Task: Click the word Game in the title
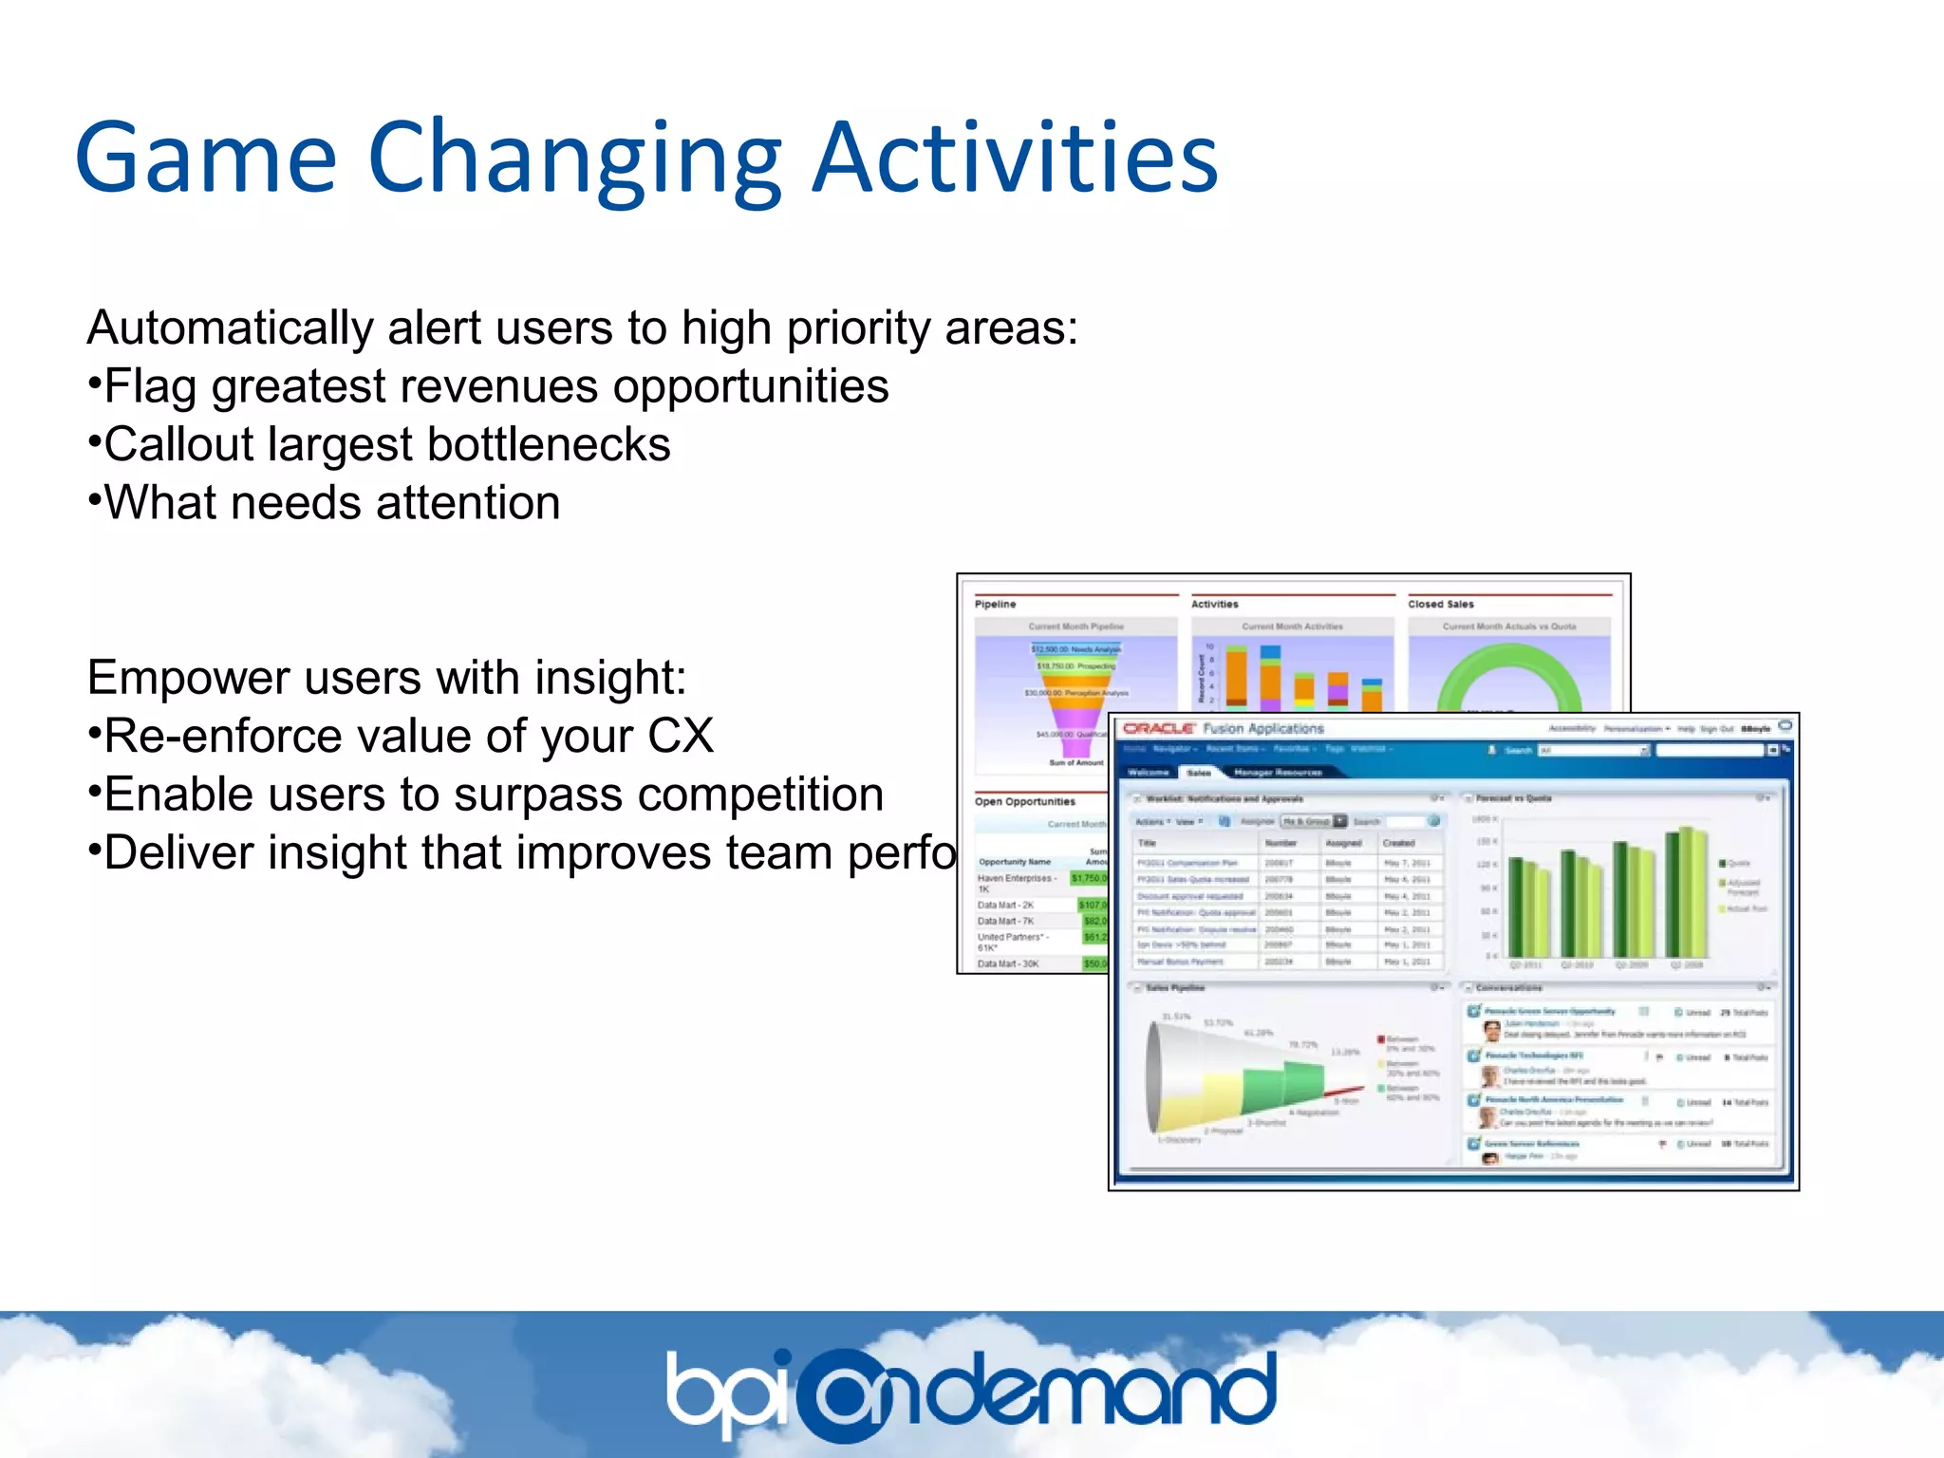click(205, 158)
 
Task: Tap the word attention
click(467, 503)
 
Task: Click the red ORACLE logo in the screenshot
click(1158, 729)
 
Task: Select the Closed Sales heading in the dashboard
click(1440, 604)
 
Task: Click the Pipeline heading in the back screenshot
click(995, 604)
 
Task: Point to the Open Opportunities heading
click(1024, 801)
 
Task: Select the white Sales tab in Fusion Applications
click(1199, 773)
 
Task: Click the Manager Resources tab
click(1278, 773)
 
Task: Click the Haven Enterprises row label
click(1015, 879)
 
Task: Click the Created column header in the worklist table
click(1398, 843)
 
